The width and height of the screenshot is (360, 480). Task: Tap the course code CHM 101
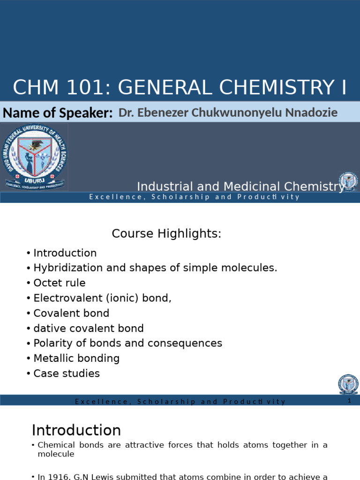(56, 88)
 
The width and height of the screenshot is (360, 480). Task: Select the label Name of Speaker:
(58, 113)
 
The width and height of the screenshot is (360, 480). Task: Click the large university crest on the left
(35, 158)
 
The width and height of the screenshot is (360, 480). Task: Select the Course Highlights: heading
(166, 233)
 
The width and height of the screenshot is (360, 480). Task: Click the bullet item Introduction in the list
(65, 253)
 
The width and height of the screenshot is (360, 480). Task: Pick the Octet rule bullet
(59, 283)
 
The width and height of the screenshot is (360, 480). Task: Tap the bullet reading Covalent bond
(71, 313)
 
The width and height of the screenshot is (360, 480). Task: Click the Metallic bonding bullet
(76, 359)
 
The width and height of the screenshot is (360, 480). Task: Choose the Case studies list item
(67, 374)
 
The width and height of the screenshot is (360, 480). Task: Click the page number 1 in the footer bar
(349, 401)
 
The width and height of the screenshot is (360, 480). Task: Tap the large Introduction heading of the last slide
(76, 430)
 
